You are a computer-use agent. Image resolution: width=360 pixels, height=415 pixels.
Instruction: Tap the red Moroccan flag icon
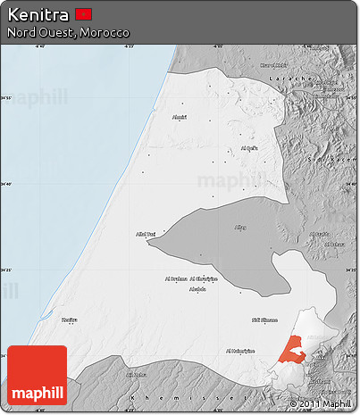tap(84, 14)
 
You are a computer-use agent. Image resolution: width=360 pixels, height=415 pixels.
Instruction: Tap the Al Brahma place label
tap(176, 278)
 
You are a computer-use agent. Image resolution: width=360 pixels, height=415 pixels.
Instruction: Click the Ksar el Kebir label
tap(273, 65)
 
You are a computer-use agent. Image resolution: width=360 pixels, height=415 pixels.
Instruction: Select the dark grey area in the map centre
tap(214, 245)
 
